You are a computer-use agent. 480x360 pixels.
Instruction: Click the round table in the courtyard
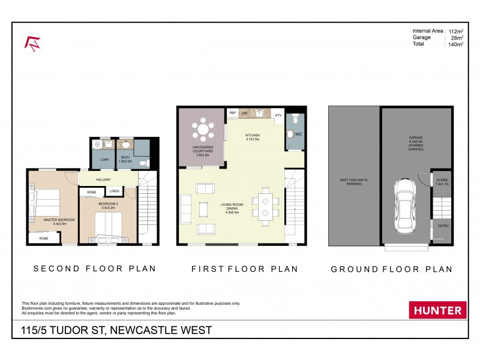pyautogui.click(x=203, y=129)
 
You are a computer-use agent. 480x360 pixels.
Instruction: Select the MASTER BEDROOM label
pyautogui.click(x=59, y=220)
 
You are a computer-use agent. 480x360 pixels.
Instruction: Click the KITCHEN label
pyautogui.click(x=253, y=136)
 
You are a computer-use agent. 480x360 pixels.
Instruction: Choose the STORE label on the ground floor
pyautogui.click(x=442, y=179)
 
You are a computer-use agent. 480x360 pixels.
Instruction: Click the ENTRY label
pyautogui.click(x=443, y=226)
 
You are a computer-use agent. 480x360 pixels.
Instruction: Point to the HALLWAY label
pyautogui.click(x=104, y=179)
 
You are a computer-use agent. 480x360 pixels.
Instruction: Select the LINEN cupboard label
pyautogui.click(x=114, y=191)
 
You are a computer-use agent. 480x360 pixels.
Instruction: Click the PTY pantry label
pyautogui.click(x=278, y=115)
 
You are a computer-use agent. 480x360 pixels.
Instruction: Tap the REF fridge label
pyautogui.click(x=232, y=113)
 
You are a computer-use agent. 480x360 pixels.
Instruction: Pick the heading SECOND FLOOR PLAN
pyautogui.click(x=94, y=268)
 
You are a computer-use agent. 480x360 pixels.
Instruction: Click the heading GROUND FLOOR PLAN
pyautogui.click(x=391, y=269)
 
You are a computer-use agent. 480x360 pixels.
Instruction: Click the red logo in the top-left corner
pyautogui.click(x=32, y=43)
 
